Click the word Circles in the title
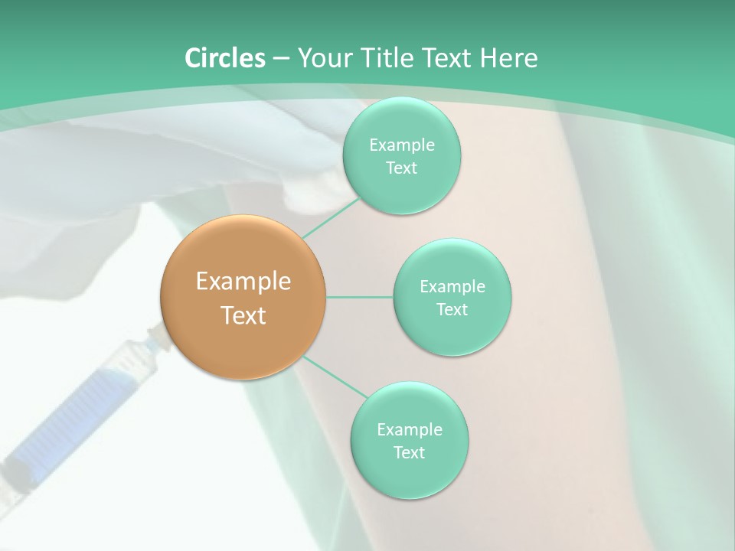(225, 58)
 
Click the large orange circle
(243, 298)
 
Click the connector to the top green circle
(331, 218)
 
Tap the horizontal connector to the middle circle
(360, 297)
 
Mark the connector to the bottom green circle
(335, 377)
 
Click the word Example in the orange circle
(243, 282)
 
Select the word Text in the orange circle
(243, 315)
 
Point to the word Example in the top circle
(402, 145)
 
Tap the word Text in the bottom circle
(409, 452)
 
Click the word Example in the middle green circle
(452, 287)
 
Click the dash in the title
(280, 59)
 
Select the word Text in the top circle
(401, 168)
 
